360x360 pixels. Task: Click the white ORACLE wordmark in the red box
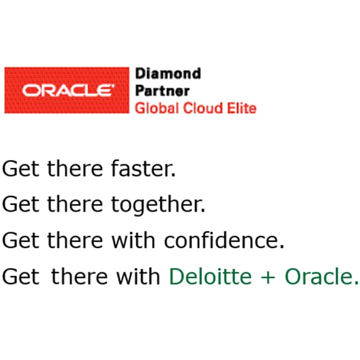click(68, 90)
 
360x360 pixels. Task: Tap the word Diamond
click(168, 74)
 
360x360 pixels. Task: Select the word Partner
click(163, 91)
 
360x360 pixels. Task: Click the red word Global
click(157, 108)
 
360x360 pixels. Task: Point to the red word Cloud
click(203, 108)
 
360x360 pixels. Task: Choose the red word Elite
click(242, 108)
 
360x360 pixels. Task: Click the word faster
click(143, 168)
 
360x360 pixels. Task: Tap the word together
click(158, 205)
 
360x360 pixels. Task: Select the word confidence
click(224, 240)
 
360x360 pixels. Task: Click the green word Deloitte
click(210, 276)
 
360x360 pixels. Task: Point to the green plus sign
click(268, 277)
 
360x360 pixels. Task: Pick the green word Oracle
click(321, 276)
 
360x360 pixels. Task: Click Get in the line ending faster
click(21, 169)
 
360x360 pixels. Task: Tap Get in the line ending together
click(21, 204)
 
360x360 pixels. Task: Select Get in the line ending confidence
click(21, 240)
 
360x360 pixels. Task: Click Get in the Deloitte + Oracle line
click(21, 277)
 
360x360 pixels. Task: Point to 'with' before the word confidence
click(133, 240)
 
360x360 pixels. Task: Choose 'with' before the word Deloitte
click(138, 276)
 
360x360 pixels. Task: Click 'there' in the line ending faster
click(75, 168)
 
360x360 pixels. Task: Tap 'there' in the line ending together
click(75, 204)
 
